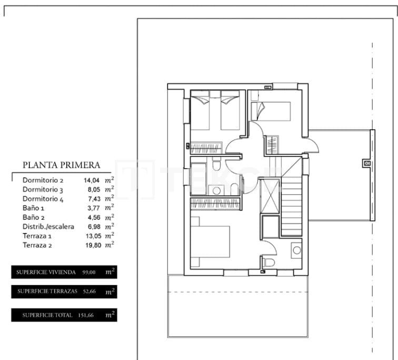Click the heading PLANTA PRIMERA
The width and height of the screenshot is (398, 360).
pyautogui.click(x=61, y=165)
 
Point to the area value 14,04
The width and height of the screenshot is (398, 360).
pyautogui.click(x=91, y=180)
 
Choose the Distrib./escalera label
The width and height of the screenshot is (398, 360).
pyautogui.click(x=48, y=227)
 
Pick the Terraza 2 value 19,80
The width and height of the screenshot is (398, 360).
pyautogui.click(x=91, y=245)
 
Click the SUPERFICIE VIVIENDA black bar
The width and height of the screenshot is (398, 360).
pyautogui.click(x=64, y=272)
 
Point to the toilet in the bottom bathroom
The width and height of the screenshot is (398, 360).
pyautogui.click(x=268, y=262)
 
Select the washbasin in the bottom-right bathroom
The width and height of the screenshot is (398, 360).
pyautogui.click(x=296, y=250)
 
